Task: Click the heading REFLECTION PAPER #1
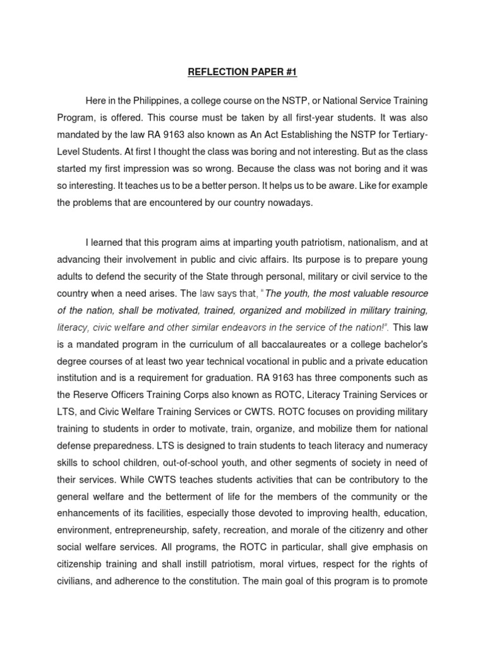(242, 72)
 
